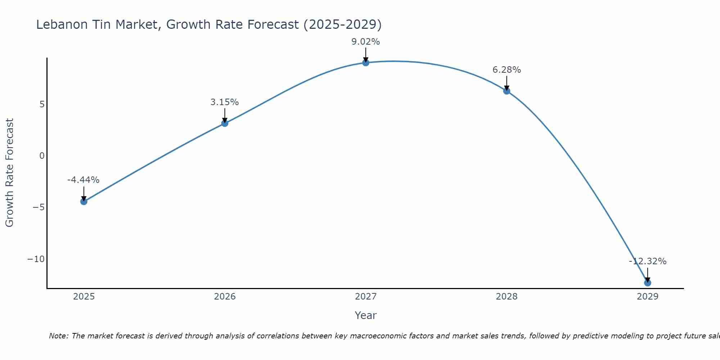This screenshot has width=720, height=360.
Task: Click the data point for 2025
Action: [x=84, y=202]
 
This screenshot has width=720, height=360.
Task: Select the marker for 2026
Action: [x=225, y=123]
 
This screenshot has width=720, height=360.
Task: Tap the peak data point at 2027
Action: [x=366, y=63]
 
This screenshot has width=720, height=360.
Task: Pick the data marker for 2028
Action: [x=507, y=91]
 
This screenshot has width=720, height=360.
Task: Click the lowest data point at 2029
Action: [x=647, y=283]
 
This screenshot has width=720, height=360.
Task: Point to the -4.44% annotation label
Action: [x=83, y=180]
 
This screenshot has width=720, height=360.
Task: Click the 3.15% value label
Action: [x=225, y=102]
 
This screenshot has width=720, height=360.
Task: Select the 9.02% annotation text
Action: [x=366, y=42]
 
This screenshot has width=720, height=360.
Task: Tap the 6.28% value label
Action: [x=507, y=70]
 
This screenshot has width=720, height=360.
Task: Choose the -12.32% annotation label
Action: [x=647, y=261]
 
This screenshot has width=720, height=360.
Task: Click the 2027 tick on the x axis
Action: [x=366, y=297]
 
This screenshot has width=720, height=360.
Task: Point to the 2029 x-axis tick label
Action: [x=647, y=297]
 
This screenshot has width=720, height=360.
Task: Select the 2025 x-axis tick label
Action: [x=84, y=297]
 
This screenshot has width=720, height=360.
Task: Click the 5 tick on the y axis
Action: [x=42, y=104]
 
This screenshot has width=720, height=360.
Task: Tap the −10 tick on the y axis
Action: [x=36, y=259]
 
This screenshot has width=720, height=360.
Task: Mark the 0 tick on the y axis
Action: [x=42, y=156]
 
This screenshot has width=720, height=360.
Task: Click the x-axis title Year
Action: [x=366, y=315]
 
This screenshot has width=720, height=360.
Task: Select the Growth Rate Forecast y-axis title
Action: [x=9, y=173]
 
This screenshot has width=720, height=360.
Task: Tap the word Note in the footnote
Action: [x=58, y=336]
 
